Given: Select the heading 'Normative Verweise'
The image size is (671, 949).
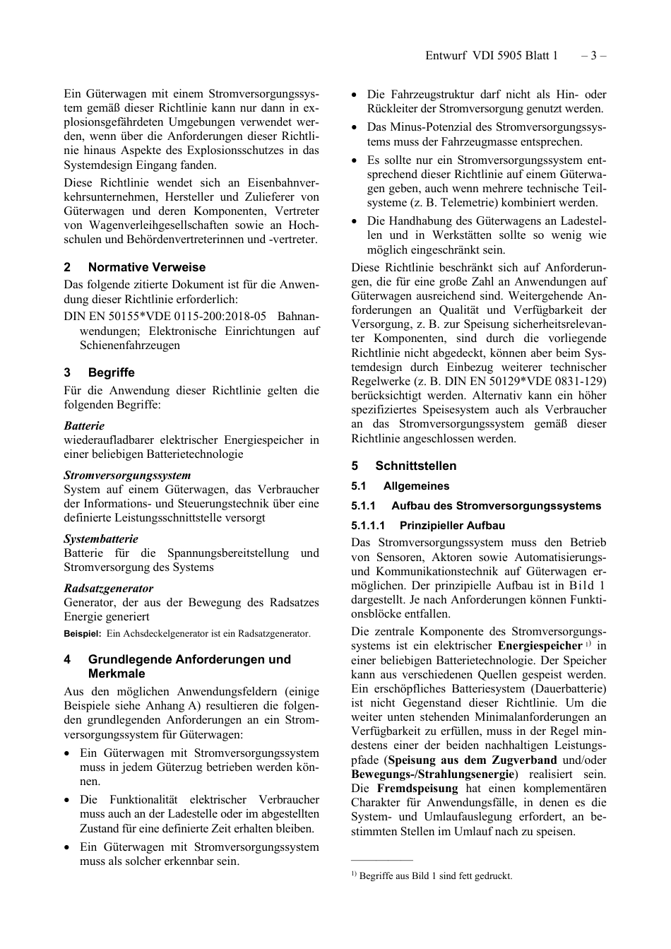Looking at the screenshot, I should pos(146,267).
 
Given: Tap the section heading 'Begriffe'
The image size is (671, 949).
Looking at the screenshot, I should pos(111,372).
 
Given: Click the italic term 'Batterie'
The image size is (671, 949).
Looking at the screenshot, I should pos(84,425).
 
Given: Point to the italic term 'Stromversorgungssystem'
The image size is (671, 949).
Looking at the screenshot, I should pos(127,475).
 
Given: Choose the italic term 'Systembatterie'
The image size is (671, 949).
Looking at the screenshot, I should pos(101,538).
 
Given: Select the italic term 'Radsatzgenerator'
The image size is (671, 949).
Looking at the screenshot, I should pos(108,588).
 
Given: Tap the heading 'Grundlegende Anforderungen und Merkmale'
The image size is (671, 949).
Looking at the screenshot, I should pos(189,666).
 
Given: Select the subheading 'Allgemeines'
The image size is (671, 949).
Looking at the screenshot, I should pos(416,486).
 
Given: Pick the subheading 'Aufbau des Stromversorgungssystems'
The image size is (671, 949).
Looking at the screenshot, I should pos(496,506).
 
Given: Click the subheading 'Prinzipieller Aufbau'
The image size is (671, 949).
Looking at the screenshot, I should pos(452,526).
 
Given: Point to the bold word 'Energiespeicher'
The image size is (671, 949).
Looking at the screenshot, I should pos(540,646).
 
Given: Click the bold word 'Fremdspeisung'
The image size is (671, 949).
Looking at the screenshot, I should pos(417,788).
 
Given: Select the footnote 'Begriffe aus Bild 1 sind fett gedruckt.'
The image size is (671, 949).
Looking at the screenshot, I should pos(435,876).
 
